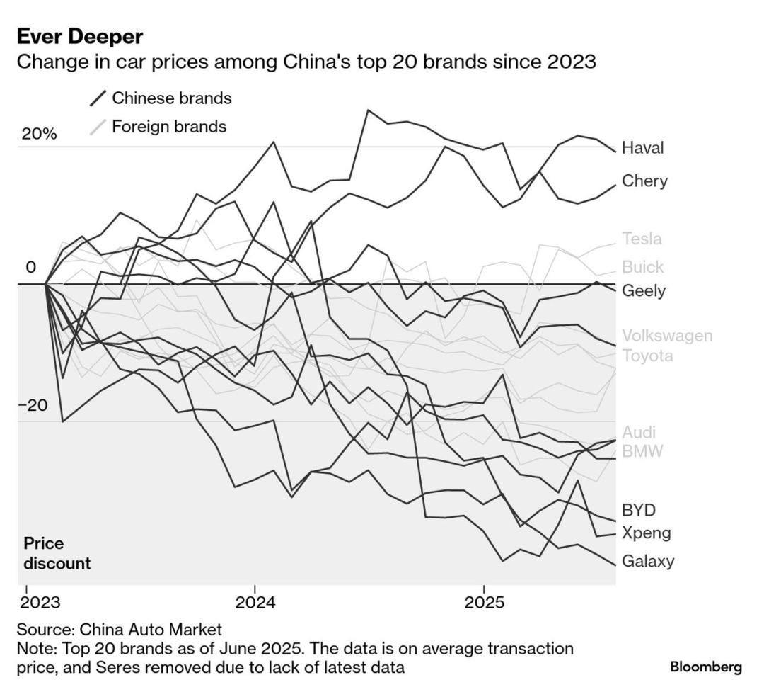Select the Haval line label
[643, 148]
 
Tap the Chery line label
[644, 181]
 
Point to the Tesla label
[642, 239]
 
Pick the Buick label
[642, 267]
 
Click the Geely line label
[644, 291]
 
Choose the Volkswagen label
[667, 336]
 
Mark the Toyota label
[647, 356]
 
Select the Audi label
[639, 432]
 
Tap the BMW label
[642, 451]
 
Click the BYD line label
[639, 510]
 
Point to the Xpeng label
[646, 533]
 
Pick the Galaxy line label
[648, 562]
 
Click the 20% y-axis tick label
[38, 135]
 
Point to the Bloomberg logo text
[705, 667]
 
